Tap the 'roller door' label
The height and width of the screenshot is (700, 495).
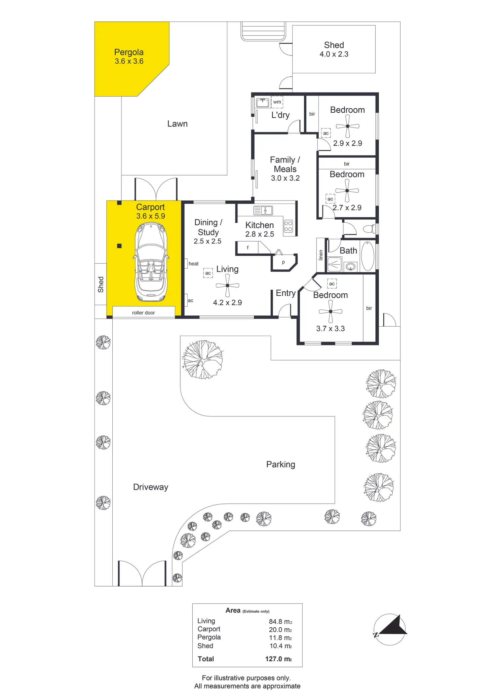(143, 313)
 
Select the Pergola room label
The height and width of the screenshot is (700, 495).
(129, 52)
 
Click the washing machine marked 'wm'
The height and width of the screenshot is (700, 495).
(277, 102)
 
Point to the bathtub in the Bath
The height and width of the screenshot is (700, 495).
(368, 256)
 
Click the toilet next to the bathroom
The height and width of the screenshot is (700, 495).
(370, 229)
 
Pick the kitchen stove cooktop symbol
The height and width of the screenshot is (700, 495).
(288, 226)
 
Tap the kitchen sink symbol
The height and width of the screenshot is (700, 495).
(263, 211)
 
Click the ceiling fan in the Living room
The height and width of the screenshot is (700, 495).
(228, 285)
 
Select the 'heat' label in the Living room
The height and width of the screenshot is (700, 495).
(193, 264)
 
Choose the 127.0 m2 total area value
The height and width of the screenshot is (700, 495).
(278, 659)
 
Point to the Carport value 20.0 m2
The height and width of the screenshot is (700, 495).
(280, 630)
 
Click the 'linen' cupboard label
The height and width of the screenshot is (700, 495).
(321, 255)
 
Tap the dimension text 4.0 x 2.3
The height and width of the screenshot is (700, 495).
(334, 54)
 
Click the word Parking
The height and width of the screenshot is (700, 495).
(281, 465)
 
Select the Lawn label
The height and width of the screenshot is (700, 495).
(178, 124)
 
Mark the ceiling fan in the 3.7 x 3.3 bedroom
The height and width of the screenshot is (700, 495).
(331, 311)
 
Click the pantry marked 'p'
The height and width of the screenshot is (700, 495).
(283, 262)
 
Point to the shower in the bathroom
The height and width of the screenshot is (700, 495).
(335, 264)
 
